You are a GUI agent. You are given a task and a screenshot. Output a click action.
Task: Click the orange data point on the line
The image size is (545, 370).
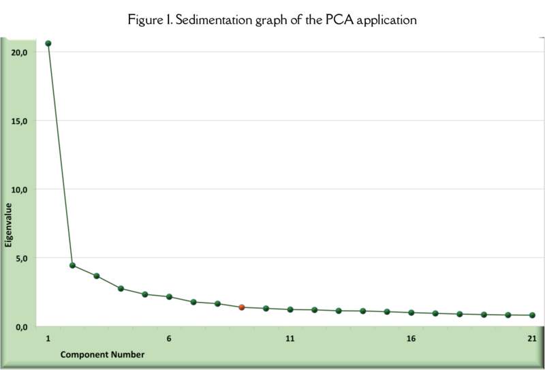coord(242,307)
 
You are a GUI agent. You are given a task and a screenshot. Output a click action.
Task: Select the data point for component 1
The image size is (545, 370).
coord(48,44)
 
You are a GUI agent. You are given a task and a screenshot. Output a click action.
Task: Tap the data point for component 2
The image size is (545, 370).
coord(72,265)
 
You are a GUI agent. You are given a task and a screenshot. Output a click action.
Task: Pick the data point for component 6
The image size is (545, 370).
coord(169,296)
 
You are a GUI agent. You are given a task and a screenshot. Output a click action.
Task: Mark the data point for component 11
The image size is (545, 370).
coord(290,309)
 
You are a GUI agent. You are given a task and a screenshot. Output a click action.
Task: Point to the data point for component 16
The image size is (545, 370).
coord(411,313)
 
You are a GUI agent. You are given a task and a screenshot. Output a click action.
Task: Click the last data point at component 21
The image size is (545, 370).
coord(533,315)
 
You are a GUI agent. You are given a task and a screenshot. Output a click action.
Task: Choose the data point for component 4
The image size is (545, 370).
coord(121,288)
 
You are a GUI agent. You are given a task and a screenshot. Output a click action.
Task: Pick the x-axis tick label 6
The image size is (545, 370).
coord(169,339)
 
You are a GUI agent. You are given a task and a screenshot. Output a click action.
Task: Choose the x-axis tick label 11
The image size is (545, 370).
coord(290,339)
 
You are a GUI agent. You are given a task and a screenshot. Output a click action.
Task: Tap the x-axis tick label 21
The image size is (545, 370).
coord(532,339)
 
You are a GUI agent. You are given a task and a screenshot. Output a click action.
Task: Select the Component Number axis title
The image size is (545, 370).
coord(102,355)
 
